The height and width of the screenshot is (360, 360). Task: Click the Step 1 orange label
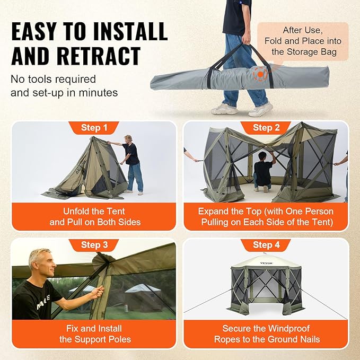94,128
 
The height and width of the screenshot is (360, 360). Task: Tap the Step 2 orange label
266,128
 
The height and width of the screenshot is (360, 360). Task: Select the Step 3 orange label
94,245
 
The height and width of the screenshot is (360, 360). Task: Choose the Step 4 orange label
266,245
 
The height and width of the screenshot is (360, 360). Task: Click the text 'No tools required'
54,80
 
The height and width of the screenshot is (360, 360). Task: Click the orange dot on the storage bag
259,74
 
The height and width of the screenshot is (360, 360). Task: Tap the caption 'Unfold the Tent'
95,211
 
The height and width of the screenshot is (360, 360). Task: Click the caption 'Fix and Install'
95,328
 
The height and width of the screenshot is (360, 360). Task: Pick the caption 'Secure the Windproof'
266,328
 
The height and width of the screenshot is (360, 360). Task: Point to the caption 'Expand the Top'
266,211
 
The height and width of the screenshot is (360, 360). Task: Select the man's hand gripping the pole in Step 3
97,292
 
